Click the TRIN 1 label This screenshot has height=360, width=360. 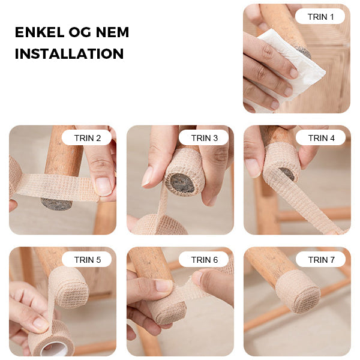click(x=320, y=17)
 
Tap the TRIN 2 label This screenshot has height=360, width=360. click(x=87, y=138)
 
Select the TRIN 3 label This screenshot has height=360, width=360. click(x=204, y=138)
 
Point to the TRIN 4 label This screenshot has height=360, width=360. click(x=321, y=138)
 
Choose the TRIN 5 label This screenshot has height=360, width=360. click(x=87, y=259)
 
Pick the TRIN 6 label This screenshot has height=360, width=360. click(x=204, y=259)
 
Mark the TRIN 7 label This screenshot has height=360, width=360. click(x=321, y=259)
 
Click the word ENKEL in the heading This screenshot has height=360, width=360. click(x=40, y=32)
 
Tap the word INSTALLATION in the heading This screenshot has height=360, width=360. click(x=70, y=54)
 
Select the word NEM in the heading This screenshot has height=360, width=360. click(x=112, y=32)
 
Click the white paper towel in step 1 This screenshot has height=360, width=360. click(x=296, y=64)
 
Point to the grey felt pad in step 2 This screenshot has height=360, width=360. click(x=56, y=204)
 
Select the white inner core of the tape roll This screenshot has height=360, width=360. click(x=54, y=350)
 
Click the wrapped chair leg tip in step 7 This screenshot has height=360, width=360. click(x=298, y=292)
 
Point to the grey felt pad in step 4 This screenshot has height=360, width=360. click(x=287, y=173)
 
